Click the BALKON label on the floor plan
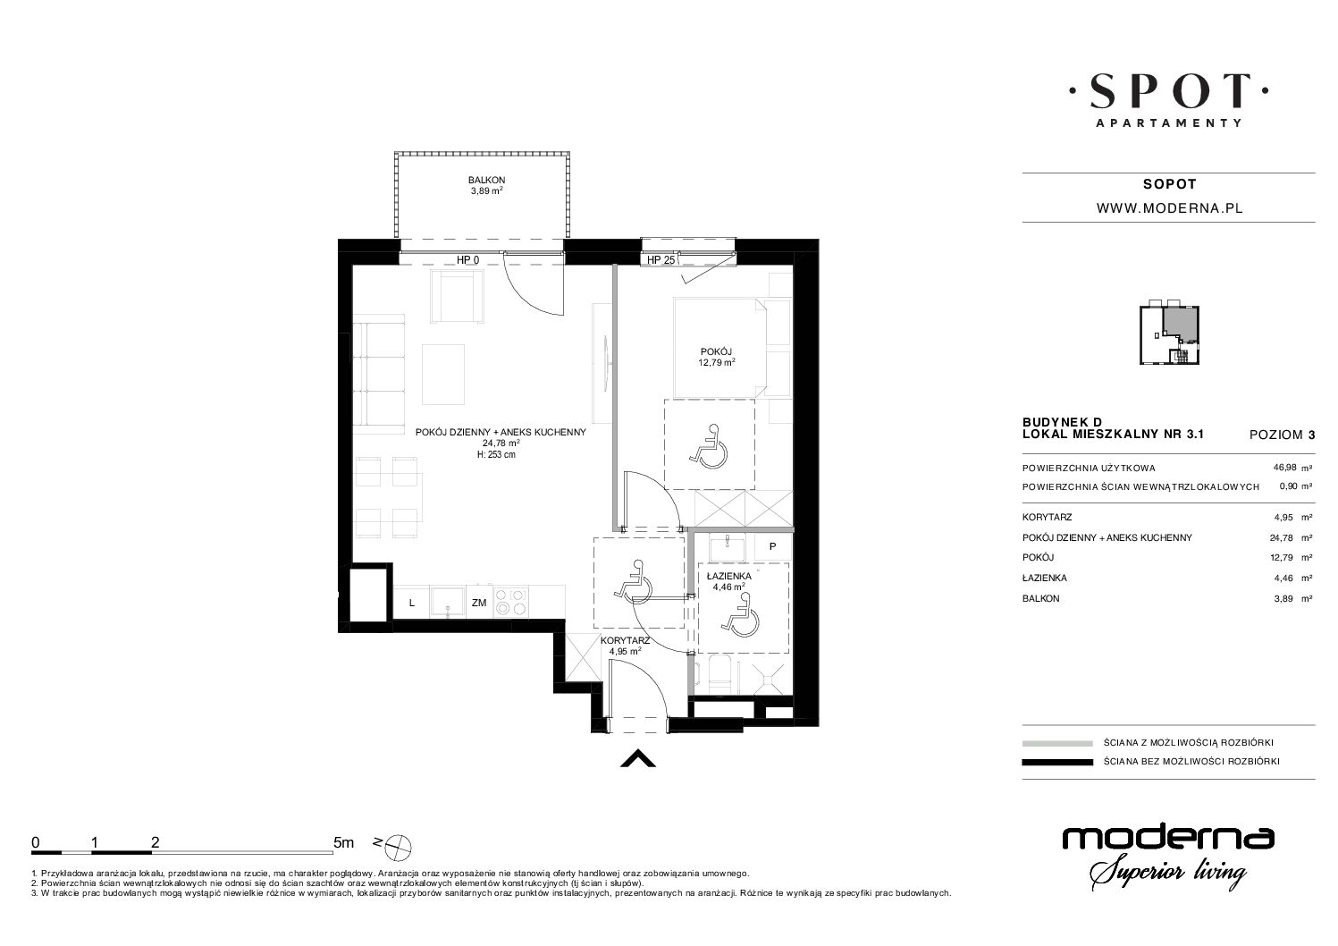(x=486, y=180)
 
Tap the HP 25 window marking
(x=661, y=260)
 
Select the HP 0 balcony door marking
(x=467, y=260)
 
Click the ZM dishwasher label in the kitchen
(x=479, y=603)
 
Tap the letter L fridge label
(x=411, y=604)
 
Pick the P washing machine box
(x=772, y=547)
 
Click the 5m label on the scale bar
(x=343, y=842)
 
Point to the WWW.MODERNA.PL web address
(x=1170, y=208)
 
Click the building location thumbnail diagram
(x=1170, y=334)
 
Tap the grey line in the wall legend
(x=1057, y=743)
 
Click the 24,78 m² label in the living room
(x=501, y=443)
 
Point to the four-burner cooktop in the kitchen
(x=512, y=602)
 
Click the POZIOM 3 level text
(x=1282, y=435)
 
